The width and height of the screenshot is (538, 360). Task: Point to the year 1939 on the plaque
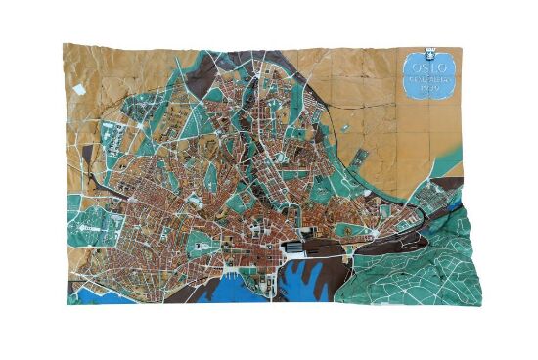coord(426,91)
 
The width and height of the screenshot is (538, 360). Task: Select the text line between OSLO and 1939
coord(426,82)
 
